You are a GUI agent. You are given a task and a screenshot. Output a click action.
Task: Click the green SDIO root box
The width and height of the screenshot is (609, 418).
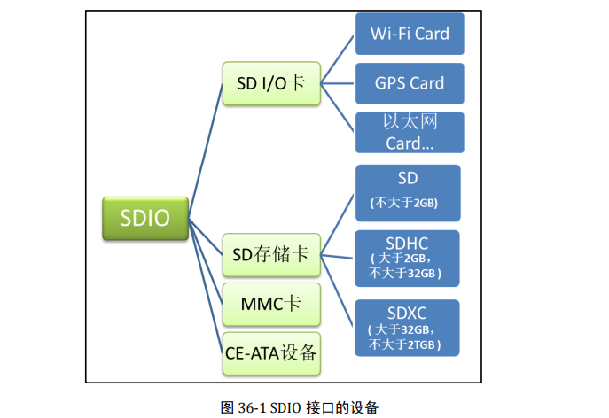(x=145, y=218)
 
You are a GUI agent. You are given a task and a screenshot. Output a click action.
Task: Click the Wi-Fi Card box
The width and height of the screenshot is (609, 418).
(x=409, y=35)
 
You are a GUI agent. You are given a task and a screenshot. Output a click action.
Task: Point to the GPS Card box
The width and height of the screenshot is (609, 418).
(x=409, y=84)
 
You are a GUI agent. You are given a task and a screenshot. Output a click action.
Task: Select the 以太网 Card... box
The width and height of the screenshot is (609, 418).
(x=409, y=132)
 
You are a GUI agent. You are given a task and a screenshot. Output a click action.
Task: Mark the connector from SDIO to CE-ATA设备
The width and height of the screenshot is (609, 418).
(x=206, y=292)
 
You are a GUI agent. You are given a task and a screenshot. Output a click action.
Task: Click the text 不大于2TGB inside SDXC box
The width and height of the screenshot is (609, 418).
(x=407, y=344)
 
